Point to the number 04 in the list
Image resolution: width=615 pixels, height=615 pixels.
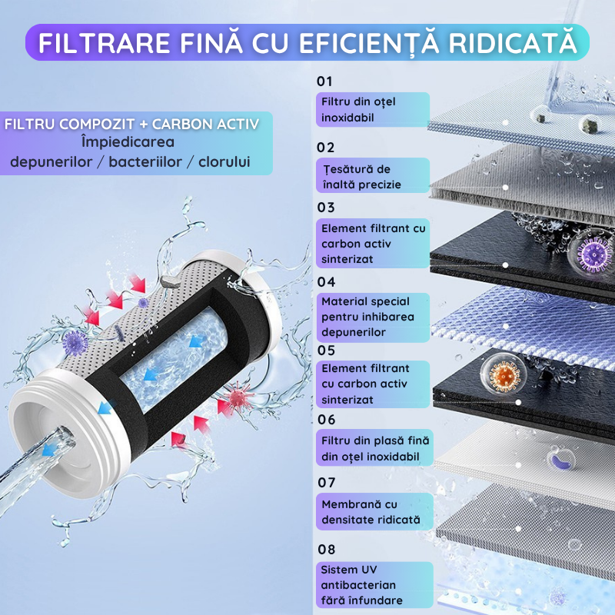tap(326, 282)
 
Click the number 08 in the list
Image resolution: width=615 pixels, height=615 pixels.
tap(326, 550)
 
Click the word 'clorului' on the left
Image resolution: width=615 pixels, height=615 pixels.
tap(224, 161)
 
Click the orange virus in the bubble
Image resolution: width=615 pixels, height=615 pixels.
tap(504, 374)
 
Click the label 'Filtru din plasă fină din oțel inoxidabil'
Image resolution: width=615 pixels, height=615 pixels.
tap(372, 447)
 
